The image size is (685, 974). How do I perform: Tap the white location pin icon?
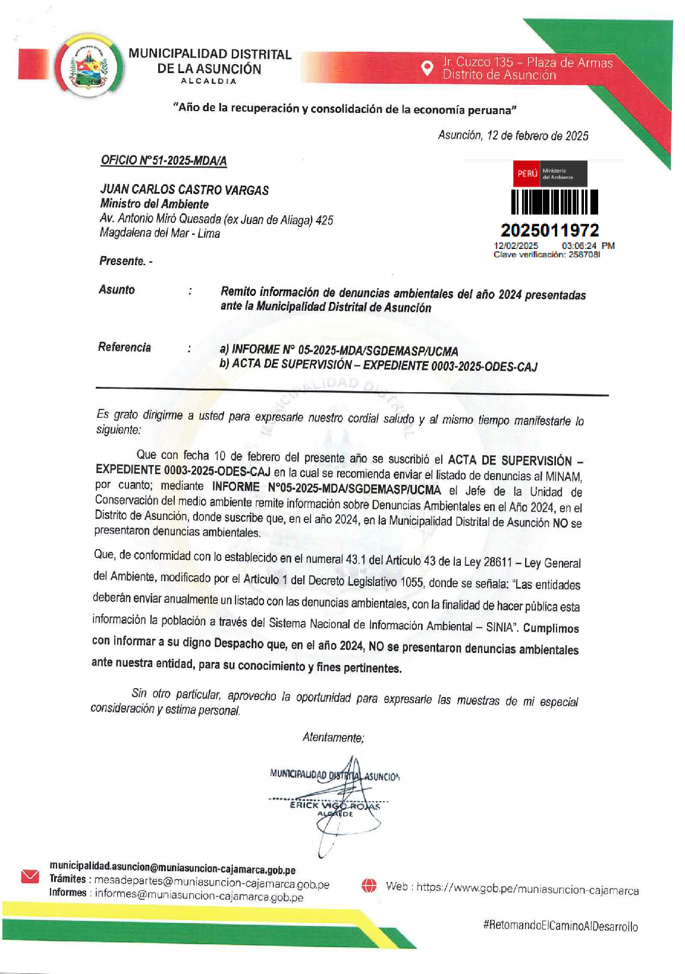point(426,68)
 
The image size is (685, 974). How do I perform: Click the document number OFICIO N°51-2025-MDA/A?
point(164,160)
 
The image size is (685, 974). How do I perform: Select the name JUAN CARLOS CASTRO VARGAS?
point(184,190)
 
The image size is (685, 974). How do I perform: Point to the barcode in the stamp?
point(555,201)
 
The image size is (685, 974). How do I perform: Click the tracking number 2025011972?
point(549,230)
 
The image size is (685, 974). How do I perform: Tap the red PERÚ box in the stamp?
point(527,174)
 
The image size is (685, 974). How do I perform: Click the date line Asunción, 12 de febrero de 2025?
point(513,135)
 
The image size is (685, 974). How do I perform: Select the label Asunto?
point(117,289)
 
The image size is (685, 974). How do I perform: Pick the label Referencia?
point(124,347)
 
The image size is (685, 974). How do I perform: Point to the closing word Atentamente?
point(333,737)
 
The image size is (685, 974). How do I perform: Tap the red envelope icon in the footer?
point(30,877)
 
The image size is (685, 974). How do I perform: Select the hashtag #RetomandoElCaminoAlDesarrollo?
point(561,926)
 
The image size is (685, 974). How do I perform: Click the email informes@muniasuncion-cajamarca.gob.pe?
point(199,895)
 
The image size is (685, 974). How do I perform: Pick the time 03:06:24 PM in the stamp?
point(587,245)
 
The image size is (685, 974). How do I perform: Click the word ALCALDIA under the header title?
point(209,81)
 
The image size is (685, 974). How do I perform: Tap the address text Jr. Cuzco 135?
point(477,62)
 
